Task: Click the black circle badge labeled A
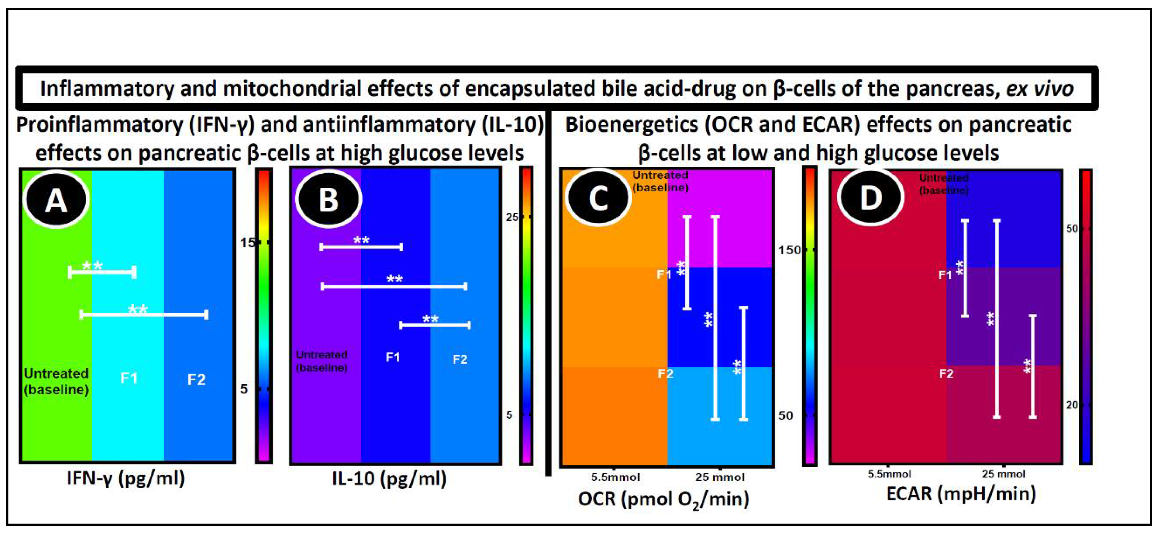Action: coord(56,200)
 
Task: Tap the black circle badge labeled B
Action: coord(328,199)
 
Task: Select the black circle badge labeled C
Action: coord(598,197)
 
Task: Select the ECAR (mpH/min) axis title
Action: coord(961,493)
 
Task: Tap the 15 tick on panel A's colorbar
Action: coord(248,243)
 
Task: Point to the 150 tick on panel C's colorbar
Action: coord(789,250)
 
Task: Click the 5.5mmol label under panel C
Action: coord(615,477)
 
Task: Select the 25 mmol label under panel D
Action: coord(1003,474)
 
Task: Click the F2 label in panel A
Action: coord(197,379)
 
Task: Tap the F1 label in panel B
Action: coord(393,358)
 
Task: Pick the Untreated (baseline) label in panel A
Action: coord(56,381)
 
